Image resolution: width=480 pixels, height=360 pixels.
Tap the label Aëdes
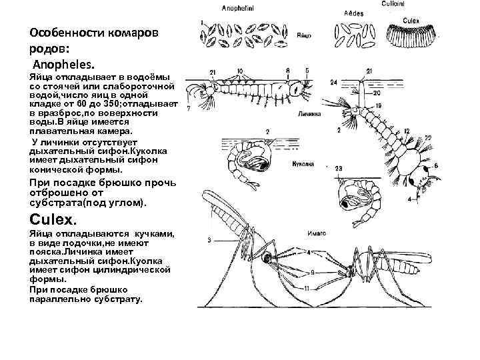(354, 13)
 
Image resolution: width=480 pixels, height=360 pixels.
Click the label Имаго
(317, 235)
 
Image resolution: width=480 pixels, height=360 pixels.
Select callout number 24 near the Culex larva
(333, 82)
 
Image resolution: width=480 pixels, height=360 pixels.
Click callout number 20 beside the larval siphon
(377, 93)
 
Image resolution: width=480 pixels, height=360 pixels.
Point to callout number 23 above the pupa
(339, 169)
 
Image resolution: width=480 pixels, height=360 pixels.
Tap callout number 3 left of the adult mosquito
(209, 239)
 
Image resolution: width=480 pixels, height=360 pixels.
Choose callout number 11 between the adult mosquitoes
(306, 288)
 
